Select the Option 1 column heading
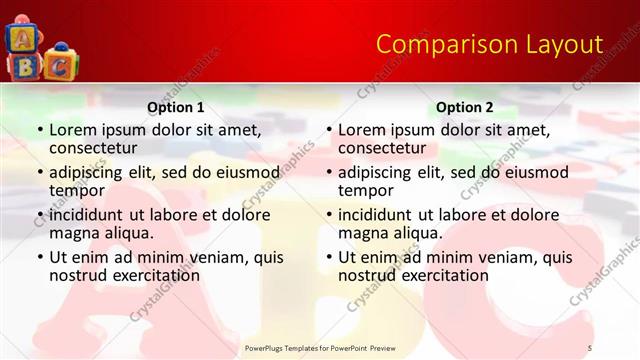click(176, 107)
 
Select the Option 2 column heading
click(465, 107)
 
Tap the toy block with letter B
click(21, 66)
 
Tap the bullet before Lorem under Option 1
click(40, 130)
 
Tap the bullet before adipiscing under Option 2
click(329, 173)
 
